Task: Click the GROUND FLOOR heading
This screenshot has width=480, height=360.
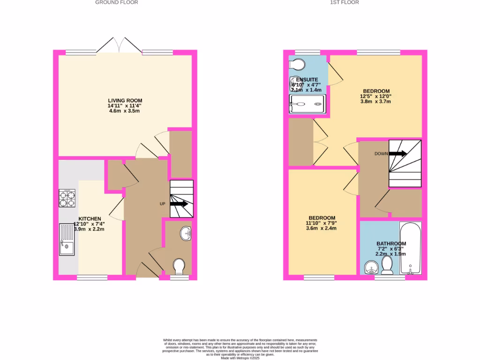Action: tap(117, 2)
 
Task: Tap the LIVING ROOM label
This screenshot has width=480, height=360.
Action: tap(125, 100)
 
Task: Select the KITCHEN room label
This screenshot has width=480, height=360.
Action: tap(90, 219)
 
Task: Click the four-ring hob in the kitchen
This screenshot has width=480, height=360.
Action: tap(67, 198)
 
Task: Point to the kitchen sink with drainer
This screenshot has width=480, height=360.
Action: tap(67, 239)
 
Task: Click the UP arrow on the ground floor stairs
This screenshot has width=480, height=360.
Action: tap(178, 204)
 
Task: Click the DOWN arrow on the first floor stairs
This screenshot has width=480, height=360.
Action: tap(397, 153)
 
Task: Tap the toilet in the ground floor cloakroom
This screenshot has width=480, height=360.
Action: tap(179, 267)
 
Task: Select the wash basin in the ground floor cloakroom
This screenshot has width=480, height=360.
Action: tap(186, 233)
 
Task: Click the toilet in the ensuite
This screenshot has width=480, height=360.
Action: tap(297, 64)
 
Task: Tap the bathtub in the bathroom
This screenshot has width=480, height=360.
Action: tap(410, 248)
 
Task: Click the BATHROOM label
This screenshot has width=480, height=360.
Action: tap(391, 244)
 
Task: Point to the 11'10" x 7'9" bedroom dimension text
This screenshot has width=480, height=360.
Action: tap(321, 223)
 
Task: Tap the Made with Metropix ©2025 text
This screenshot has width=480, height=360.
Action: tap(240, 358)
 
